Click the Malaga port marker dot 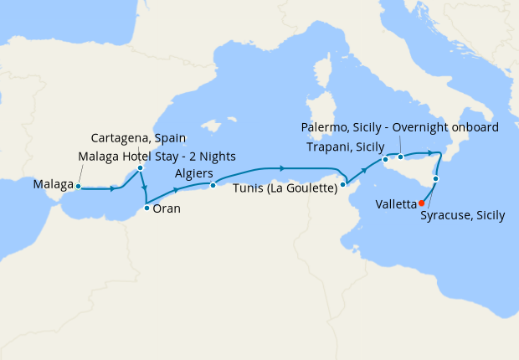(x=77, y=188)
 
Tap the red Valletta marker (x=421, y=203)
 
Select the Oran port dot (x=146, y=208)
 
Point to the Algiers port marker (x=213, y=185)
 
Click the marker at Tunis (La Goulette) (x=343, y=184)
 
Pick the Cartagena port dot (x=140, y=168)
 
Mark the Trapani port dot (x=384, y=159)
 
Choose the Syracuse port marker (x=436, y=179)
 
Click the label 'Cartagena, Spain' (x=138, y=138)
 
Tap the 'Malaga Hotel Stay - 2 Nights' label (x=157, y=156)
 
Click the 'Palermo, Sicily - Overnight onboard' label (x=399, y=127)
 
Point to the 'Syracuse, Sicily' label (x=464, y=215)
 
